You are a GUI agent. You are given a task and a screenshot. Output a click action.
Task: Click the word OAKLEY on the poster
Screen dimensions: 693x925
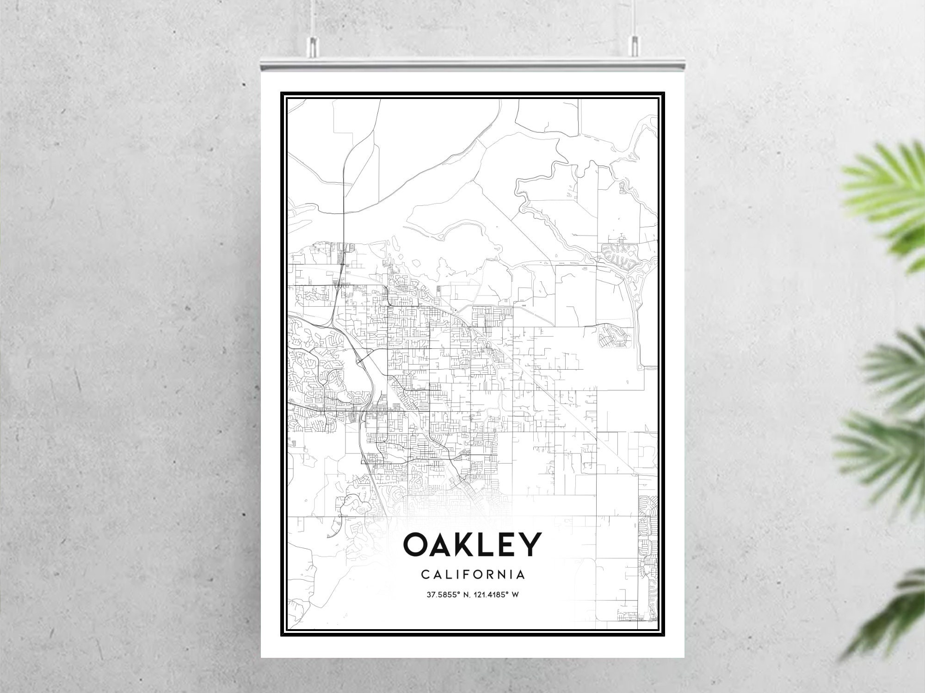tap(472, 544)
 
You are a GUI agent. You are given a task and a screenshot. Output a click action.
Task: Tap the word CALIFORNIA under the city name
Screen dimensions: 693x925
tap(473, 575)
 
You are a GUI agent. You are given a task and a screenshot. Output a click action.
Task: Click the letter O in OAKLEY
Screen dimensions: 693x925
tap(419, 544)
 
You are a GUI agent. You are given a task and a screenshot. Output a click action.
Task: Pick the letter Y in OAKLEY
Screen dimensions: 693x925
tap(529, 544)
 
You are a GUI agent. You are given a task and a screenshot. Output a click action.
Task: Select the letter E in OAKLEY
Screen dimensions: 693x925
tap(506, 544)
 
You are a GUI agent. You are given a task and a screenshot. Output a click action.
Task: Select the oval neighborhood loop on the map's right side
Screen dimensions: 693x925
tap(614, 336)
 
